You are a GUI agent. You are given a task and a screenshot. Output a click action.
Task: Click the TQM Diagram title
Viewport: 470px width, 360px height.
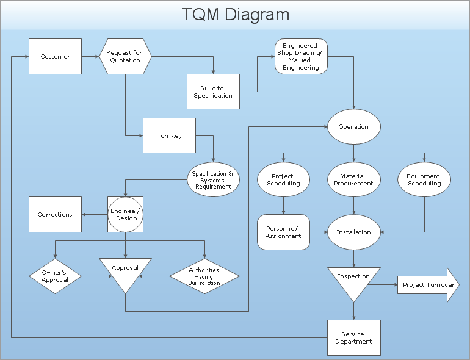pos(235,15)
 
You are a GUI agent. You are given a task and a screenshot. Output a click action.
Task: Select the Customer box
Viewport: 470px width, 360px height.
pos(55,57)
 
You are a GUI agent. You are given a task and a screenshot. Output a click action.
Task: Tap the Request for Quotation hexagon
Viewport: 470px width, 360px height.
pos(125,57)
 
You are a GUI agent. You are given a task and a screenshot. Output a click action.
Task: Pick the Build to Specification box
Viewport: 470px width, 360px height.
pos(213,92)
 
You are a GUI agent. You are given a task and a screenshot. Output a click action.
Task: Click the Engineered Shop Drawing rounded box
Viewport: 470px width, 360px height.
pos(301,57)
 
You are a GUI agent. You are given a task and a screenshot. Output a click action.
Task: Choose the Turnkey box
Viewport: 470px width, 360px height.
pos(169,135)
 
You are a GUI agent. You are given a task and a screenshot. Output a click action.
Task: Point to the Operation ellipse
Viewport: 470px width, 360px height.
pos(353,127)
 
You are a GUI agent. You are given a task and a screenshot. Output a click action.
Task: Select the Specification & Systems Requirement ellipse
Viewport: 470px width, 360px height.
pos(212,180)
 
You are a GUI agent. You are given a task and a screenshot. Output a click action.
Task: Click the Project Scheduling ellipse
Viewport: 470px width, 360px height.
pos(283,180)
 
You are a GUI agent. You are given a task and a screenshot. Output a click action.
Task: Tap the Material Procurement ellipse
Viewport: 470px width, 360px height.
pos(353,180)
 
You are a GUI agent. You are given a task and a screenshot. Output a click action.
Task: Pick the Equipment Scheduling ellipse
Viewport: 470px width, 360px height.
pos(424,180)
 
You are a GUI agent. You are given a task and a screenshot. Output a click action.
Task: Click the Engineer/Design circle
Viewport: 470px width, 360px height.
pos(126,214)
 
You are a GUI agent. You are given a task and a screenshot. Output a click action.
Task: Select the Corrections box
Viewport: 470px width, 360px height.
pos(55,215)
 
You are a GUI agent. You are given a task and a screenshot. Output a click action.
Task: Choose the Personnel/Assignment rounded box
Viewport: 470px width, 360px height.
pos(283,232)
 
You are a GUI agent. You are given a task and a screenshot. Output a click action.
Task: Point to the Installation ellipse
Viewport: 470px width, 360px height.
pos(353,232)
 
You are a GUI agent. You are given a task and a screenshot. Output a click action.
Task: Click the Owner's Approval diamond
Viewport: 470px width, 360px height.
pos(55,276)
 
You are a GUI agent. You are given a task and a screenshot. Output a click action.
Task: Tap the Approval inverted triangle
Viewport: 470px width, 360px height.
pos(125,272)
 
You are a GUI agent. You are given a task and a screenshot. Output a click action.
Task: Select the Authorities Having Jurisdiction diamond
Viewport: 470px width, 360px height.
pos(204,276)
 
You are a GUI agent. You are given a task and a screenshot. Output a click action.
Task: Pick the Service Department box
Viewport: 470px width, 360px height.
pos(353,337)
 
